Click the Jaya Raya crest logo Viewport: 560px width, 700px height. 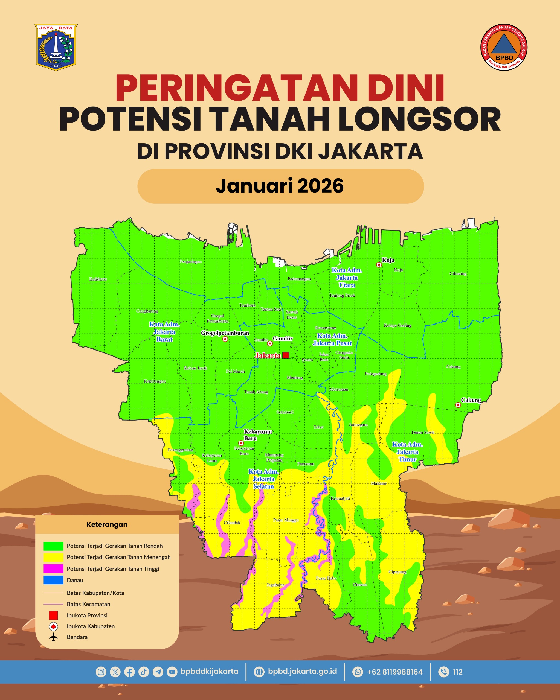point(56,47)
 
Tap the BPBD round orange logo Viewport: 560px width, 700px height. point(504,47)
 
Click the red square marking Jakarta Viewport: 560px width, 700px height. point(286,355)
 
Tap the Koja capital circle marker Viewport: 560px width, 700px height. point(379,265)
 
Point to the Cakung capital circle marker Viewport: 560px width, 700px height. point(458,405)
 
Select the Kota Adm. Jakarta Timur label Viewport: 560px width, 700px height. point(407,452)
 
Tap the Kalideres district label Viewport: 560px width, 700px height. point(98,279)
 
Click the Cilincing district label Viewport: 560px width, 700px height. point(458,274)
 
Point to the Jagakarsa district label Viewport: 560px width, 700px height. point(275,585)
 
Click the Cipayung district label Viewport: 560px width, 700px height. point(397,572)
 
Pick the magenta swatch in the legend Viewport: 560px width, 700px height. point(53,568)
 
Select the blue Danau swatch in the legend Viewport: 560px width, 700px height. point(53,580)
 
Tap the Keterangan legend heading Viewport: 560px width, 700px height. point(107,524)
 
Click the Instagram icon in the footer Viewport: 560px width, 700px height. point(101,672)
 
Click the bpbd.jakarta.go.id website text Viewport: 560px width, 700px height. point(302,672)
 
